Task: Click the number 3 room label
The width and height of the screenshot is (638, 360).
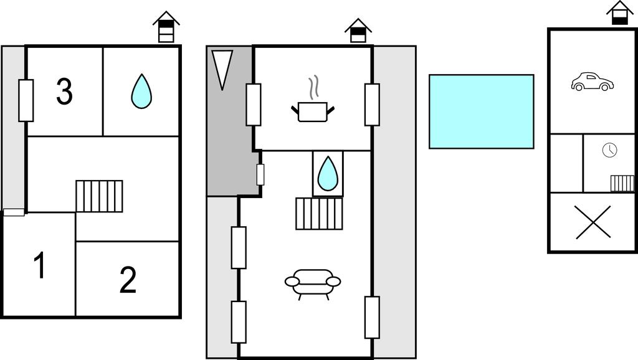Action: point(64,92)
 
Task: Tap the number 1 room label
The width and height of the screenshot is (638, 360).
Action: point(39,266)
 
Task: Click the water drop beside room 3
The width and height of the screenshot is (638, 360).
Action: point(141,92)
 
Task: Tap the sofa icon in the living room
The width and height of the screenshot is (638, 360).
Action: point(313,282)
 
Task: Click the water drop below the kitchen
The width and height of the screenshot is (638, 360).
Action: point(328,174)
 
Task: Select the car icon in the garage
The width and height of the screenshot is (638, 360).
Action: point(592,82)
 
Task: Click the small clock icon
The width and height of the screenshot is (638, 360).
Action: point(609,150)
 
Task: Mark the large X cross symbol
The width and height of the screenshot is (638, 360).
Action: point(593,222)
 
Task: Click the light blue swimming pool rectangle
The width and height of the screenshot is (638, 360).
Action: point(481,111)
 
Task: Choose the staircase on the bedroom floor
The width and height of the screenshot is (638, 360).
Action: point(99,196)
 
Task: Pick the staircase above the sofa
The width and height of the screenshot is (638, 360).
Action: point(319,214)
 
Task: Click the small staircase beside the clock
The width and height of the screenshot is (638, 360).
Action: point(622,183)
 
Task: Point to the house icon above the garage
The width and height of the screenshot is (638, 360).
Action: point(619,13)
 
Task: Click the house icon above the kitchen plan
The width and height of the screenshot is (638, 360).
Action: point(358,31)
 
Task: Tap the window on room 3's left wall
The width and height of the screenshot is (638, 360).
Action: point(26,100)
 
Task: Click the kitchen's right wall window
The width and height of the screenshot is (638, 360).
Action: point(372,104)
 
